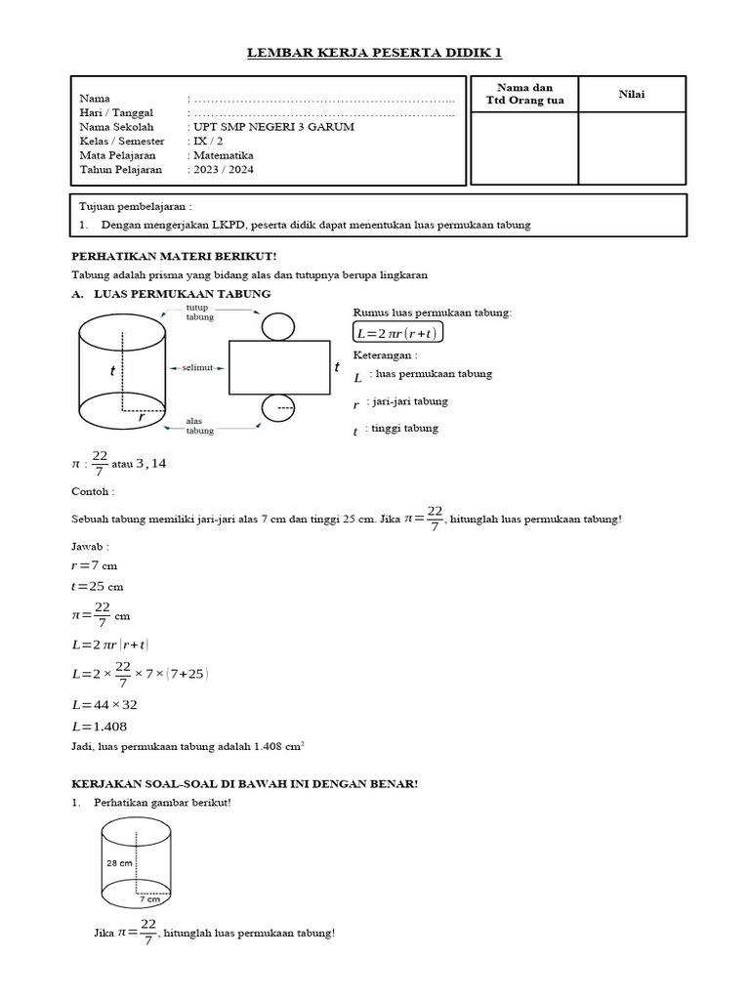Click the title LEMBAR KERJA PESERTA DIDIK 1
(x=374, y=53)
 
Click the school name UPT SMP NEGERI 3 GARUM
(x=273, y=127)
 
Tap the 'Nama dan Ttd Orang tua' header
(x=524, y=95)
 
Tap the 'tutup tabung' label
(x=200, y=312)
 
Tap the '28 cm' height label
(x=118, y=864)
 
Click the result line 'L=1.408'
(x=100, y=726)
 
